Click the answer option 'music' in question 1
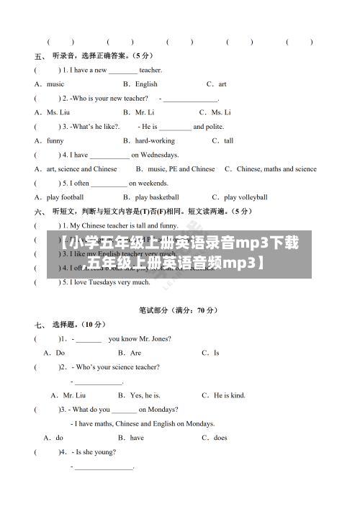coord(55,84)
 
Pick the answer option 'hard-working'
coord(154,140)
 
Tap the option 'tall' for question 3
coord(228,140)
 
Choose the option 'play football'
coord(65,197)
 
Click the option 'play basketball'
coord(157,197)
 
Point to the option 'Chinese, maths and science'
coord(276,168)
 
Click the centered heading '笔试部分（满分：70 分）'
coord(178,310)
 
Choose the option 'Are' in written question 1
coord(135,353)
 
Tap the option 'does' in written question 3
coord(220,438)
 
